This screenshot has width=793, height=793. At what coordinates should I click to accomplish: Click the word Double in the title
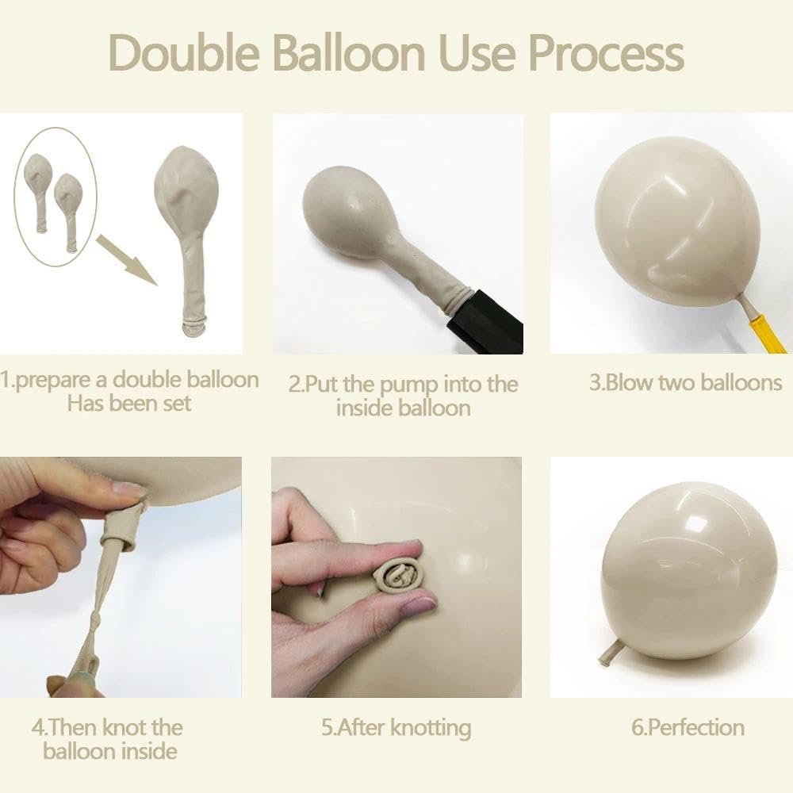click(184, 52)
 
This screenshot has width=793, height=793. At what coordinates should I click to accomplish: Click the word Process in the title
click(606, 52)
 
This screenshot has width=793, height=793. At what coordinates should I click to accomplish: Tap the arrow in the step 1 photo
click(126, 259)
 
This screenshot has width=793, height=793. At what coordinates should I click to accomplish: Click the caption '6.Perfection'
click(688, 728)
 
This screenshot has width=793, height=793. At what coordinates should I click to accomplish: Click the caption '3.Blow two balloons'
click(686, 382)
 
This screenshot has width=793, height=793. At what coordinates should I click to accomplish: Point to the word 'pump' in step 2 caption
click(408, 385)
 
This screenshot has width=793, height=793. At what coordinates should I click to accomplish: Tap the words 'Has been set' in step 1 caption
click(129, 404)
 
